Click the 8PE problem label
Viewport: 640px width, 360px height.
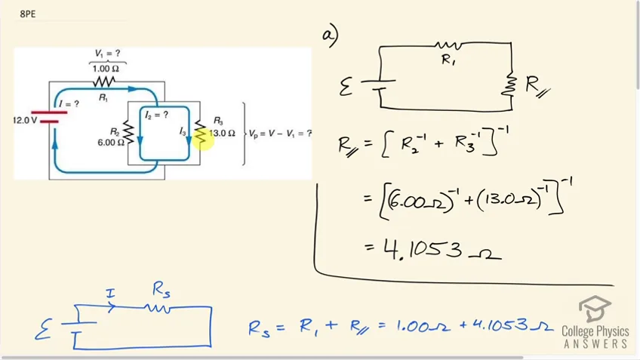pos(28,14)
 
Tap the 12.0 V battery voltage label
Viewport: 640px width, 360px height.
pos(26,121)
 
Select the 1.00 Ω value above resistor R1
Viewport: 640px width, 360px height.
pos(106,69)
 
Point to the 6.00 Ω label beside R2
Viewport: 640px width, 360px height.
pos(111,143)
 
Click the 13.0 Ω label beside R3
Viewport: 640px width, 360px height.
pos(222,134)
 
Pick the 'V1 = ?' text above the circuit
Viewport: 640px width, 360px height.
pos(107,54)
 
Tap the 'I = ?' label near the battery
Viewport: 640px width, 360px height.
pos(69,104)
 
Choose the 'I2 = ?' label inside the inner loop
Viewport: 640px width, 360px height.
pos(156,115)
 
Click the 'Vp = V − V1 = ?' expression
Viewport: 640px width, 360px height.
pos(281,134)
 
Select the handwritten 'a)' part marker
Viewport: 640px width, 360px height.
pos(331,36)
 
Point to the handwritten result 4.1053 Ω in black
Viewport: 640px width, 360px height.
pos(442,249)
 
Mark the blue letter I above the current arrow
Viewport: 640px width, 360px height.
pos(110,293)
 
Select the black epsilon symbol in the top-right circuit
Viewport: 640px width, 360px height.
pos(346,87)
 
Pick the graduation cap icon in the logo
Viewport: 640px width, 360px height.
pos(595,309)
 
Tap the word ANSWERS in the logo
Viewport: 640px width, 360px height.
pos(595,343)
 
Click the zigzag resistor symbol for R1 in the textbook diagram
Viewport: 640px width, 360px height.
pos(103,82)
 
